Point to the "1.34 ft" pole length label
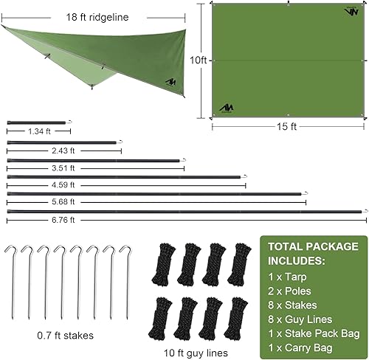[39, 131]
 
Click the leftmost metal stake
[10, 280]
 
